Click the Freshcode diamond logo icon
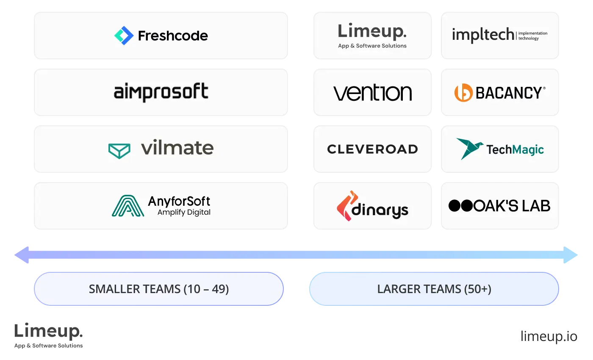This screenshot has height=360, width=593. coord(124,36)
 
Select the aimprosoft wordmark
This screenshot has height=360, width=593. coord(161,92)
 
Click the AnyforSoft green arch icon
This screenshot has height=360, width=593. coord(127,206)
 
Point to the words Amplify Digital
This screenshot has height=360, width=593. coord(184,212)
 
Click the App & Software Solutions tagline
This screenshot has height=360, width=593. coord(372,46)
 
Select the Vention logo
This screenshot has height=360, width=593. coord(372,93)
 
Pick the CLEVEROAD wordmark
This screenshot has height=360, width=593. coord(372,149)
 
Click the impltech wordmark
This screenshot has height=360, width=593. coord(483,35)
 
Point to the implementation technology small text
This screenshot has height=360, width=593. coord(533,36)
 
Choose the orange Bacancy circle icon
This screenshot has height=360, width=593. coord(463,93)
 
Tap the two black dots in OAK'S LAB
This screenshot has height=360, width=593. coord(460,206)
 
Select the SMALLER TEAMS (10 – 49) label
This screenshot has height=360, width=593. coord(159,289)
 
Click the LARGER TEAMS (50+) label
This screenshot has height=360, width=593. coord(434,289)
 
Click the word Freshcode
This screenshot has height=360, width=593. coord(173,36)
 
